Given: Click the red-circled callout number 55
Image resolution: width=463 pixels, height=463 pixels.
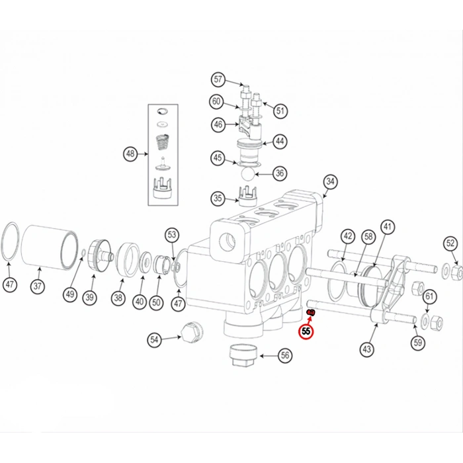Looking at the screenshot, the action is [x=306, y=331].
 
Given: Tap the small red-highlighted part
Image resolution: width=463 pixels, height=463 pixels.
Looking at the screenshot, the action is [x=312, y=313].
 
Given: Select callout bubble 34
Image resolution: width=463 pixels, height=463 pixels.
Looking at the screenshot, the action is [x=330, y=182].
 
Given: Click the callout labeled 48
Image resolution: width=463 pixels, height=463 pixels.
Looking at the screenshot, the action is [x=130, y=153].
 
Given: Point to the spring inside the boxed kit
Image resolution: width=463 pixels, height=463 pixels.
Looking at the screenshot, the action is [x=163, y=143].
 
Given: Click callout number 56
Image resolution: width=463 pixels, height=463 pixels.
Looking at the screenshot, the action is [x=285, y=355].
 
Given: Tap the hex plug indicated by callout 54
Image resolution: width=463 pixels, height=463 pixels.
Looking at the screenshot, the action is [x=191, y=332].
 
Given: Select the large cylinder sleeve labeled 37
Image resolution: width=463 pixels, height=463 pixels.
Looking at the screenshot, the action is [x=50, y=247].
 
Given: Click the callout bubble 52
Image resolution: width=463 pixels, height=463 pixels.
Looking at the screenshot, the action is [x=450, y=243].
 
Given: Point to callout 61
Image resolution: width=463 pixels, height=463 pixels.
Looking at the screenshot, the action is [x=430, y=296].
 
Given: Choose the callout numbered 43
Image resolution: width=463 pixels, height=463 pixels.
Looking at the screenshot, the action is [x=366, y=349].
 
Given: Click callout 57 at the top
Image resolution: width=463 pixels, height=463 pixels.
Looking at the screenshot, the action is [x=218, y=79].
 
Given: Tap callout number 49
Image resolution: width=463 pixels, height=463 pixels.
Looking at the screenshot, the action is [x=70, y=294].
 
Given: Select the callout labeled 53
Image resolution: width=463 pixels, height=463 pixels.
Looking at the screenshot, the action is [x=172, y=235].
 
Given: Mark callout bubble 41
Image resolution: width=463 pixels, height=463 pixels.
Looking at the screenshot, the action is [x=388, y=227].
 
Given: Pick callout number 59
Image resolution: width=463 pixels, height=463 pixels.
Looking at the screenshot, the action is [x=418, y=343].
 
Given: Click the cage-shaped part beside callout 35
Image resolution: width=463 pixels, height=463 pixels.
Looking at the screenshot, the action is [x=247, y=196].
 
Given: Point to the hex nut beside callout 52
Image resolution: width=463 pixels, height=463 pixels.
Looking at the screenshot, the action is [x=458, y=273].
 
